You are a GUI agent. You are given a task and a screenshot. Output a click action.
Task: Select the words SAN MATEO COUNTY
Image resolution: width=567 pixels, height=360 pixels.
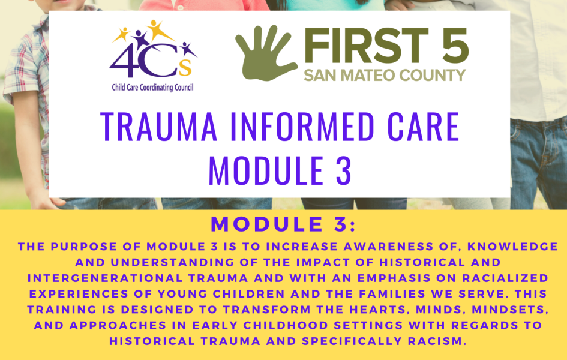pos(385,75)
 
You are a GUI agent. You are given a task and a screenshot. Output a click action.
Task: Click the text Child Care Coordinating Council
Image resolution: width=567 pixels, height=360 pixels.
pos(152,88)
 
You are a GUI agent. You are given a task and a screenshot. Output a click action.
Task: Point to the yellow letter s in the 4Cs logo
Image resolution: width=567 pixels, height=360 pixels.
pos(185,68)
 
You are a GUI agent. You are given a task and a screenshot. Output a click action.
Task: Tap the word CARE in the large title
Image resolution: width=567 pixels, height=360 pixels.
pos(423,127)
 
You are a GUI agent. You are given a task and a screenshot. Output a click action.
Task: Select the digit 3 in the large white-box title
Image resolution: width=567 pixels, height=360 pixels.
pos(343,170)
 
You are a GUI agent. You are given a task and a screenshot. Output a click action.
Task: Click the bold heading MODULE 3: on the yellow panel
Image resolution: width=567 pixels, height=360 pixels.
pos(283,224)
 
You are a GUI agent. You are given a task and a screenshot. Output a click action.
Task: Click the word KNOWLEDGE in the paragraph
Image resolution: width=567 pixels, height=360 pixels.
pos(512,247)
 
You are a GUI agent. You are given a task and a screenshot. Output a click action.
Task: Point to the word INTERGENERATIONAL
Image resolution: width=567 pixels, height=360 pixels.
pos(105,278)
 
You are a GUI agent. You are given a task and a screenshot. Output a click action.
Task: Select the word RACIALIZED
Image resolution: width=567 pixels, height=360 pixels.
pos(505,278)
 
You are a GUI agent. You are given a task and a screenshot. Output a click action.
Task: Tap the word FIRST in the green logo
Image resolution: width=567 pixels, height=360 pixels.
pos(367,45)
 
